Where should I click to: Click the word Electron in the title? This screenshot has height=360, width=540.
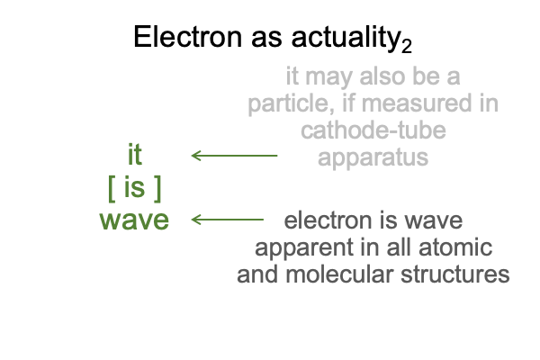(x=188, y=37)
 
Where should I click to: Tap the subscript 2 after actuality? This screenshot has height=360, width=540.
(x=407, y=46)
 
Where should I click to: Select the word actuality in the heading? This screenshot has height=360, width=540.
(x=346, y=38)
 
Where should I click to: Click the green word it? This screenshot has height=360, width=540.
(x=135, y=155)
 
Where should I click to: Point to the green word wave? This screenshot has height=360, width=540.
(x=134, y=220)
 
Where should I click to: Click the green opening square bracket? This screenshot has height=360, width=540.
(x=112, y=188)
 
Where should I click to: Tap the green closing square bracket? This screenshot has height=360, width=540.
(x=157, y=188)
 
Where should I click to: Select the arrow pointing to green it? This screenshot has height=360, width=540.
(x=234, y=156)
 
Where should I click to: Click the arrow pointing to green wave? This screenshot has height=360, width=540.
(x=228, y=220)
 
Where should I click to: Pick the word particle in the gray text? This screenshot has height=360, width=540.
(x=291, y=103)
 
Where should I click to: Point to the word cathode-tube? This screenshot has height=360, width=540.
(x=373, y=130)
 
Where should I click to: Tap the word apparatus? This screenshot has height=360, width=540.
(x=373, y=158)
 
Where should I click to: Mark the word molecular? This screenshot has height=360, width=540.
(x=339, y=274)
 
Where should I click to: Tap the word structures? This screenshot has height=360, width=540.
(x=455, y=274)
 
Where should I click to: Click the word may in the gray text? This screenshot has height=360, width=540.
(x=328, y=77)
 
